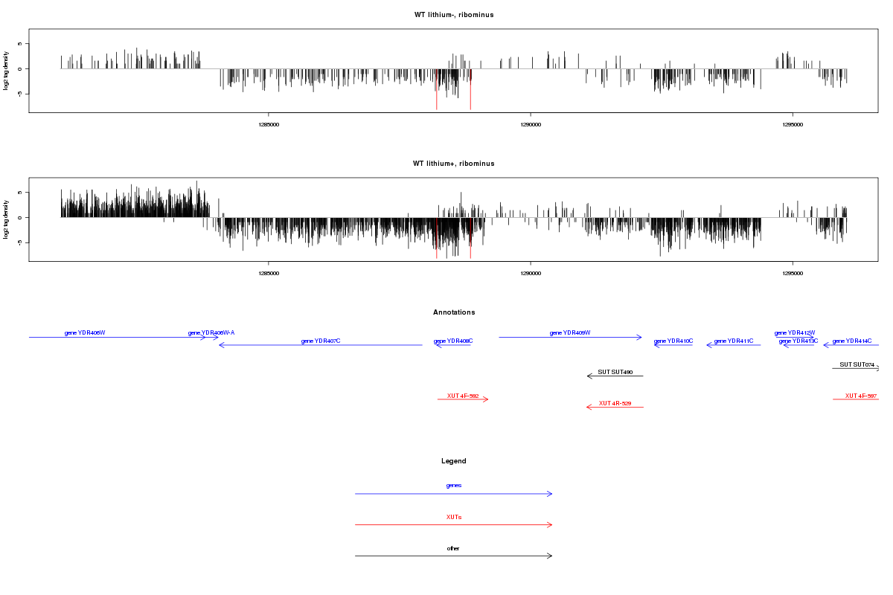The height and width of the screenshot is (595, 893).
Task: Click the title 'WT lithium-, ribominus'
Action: [454, 15]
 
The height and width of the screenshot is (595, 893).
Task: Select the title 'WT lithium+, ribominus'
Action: [454, 164]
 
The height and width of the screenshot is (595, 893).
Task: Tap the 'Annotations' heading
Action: [454, 312]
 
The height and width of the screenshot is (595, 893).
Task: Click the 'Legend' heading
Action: [454, 461]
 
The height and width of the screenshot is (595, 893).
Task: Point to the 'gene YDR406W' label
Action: [85, 332]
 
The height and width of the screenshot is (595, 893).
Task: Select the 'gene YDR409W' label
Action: [570, 332]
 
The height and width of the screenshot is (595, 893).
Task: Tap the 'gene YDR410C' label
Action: [673, 341]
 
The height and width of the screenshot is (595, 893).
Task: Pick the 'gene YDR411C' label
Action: [734, 341]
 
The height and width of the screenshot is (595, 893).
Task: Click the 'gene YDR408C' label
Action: [453, 341]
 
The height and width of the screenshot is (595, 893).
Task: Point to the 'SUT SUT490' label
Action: [615, 371]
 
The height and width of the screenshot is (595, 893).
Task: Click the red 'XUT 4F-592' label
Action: [463, 395]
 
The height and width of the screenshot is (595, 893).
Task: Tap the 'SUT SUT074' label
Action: [857, 364]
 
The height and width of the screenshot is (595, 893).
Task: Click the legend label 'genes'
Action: [454, 485]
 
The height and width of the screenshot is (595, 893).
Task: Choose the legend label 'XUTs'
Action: [454, 516]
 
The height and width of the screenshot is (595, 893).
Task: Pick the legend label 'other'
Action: [454, 548]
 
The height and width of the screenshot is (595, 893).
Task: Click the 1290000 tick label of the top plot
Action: [531, 124]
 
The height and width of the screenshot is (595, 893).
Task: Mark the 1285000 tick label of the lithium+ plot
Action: [269, 273]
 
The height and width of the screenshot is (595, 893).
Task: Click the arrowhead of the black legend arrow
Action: [551, 556]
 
